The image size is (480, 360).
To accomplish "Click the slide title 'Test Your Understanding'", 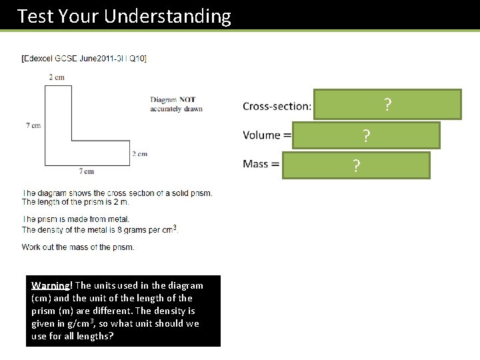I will click(124, 16).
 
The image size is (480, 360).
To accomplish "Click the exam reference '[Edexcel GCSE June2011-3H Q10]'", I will click(84, 59).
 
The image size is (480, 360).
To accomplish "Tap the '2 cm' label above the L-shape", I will click(57, 77).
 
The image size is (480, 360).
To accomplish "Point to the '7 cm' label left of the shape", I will click(33, 125).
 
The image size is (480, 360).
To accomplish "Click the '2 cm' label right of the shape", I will click(139, 154).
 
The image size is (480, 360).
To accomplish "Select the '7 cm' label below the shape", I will click(87, 171).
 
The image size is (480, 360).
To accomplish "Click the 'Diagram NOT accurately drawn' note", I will click(176, 104).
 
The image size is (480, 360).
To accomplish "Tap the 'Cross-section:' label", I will click(277, 106).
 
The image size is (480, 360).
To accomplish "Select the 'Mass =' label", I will click(261, 164).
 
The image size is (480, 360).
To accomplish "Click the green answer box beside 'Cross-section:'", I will click(387, 105).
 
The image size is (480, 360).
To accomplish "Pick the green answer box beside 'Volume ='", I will click(366, 135).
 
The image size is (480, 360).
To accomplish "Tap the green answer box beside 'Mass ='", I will click(356, 165).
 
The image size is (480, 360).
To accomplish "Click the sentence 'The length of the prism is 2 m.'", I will click(75, 202).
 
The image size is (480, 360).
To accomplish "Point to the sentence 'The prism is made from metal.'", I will click(75, 219).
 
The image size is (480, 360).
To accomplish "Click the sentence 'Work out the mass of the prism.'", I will click(78, 247).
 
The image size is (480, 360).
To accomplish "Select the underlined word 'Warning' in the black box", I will click(48, 285).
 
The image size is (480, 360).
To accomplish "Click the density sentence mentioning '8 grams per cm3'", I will click(100, 229).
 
